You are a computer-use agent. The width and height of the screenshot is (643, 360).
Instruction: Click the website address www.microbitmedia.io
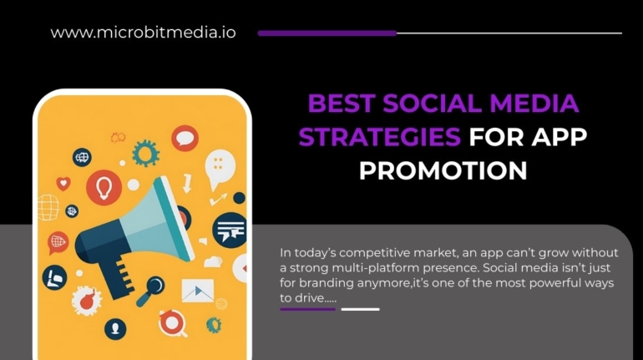coord(143,33)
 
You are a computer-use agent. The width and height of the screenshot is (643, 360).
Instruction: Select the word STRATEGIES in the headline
coord(380,137)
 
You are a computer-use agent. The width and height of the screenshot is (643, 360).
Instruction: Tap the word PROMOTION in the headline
coord(443,170)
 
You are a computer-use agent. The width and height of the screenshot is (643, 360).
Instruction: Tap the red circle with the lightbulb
coord(104,186)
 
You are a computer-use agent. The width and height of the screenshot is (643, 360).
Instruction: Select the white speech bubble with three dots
coord(220,163)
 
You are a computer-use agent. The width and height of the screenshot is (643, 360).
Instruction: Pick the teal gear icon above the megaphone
coord(146,153)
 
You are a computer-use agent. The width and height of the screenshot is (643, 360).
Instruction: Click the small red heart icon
coord(63,183)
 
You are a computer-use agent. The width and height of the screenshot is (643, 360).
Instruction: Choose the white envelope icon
coord(198,290)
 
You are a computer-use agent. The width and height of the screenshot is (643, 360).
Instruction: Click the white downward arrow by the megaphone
coord(186,181)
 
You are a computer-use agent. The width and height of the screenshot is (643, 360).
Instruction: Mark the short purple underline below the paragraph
coord(307,309)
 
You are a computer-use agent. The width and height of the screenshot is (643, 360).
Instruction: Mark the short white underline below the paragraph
coord(360,309)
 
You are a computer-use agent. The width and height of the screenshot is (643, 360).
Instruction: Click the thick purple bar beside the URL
coord(327,33)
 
